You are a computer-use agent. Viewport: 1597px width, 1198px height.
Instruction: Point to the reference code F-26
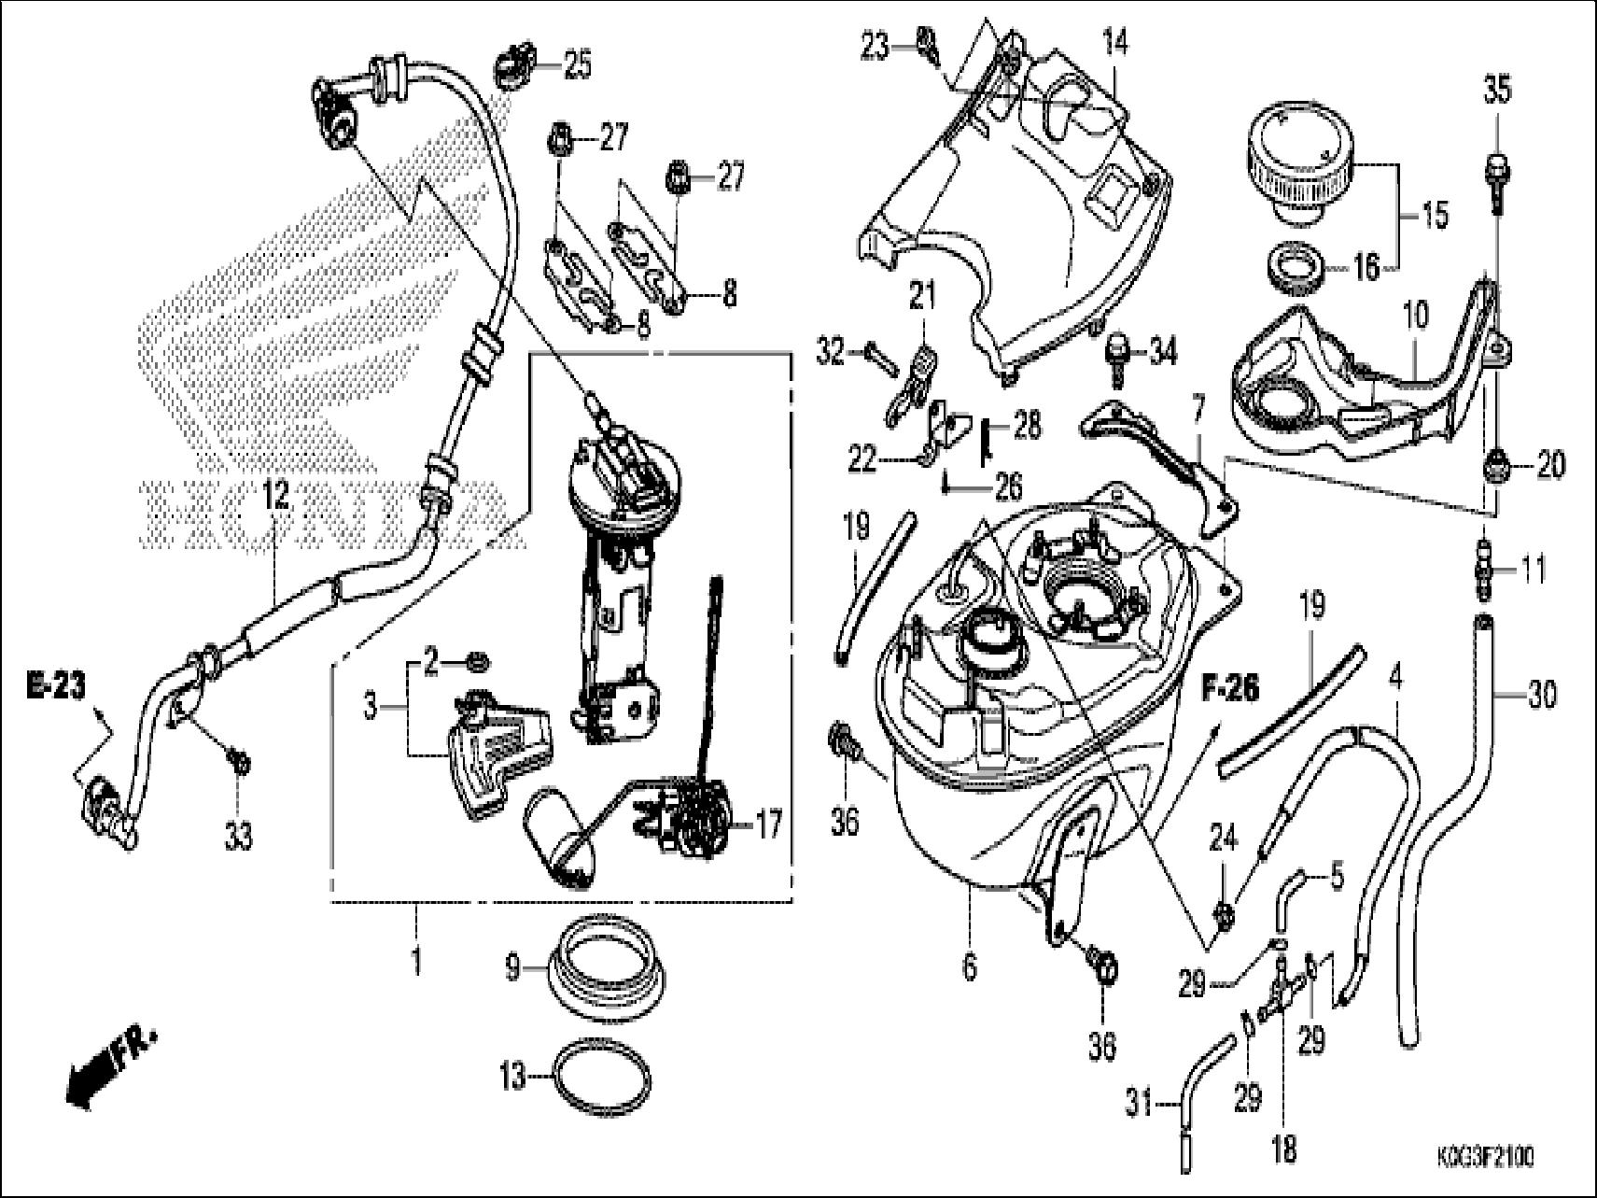click(x=1228, y=689)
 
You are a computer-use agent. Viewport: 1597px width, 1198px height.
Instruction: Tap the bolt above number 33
click(x=239, y=763)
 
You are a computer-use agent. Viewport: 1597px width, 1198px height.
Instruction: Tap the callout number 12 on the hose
click(x=276, y=497)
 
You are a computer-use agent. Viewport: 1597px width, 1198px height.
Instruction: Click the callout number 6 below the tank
click(x=970, y=967)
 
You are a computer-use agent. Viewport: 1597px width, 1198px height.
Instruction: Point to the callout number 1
click(x=416, y=962)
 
